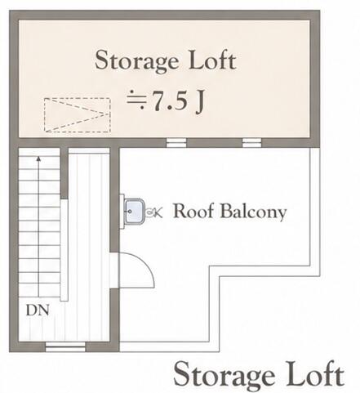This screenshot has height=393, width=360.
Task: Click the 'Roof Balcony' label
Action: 230,212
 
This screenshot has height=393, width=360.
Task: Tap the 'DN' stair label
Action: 38,310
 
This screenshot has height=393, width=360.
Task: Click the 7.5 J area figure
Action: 165,100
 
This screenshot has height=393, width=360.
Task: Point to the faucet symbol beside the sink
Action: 154,212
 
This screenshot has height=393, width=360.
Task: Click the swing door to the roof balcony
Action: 137,270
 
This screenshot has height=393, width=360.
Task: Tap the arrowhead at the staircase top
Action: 38,159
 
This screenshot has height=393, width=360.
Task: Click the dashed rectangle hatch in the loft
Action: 78,115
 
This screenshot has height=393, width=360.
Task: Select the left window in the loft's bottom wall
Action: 176,142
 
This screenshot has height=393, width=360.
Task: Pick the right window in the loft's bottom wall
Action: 251,142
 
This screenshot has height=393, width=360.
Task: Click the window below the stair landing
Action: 65,346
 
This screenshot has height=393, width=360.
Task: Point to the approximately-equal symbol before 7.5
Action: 136,100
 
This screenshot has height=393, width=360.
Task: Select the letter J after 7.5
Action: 199,101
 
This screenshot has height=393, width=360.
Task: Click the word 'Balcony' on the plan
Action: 253,212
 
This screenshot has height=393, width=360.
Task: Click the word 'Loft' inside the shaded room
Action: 212,60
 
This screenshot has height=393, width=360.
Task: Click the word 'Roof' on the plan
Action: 193,211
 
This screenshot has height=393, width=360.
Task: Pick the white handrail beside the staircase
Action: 64,250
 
